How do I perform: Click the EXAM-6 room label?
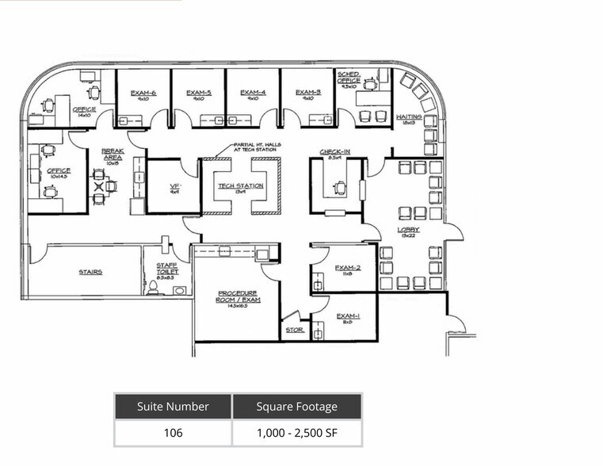pos(143,93)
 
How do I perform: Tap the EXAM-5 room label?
pos(198,93)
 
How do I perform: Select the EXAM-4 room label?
pos(253,93)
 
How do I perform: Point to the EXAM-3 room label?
pos(308,93)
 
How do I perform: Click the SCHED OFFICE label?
pos(349,77)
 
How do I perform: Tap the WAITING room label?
pos(409,117)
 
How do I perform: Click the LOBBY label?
pos(408,230)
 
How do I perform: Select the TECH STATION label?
pos(241,186)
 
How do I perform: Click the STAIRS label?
pos(90,272)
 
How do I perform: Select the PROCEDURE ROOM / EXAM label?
pos(237,296)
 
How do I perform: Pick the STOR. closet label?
pos(294,330)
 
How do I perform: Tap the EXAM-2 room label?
pos(348,268)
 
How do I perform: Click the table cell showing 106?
pos(173,433)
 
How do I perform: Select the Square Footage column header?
pos(296,407)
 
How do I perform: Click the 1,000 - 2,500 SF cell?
pos(296,433)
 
